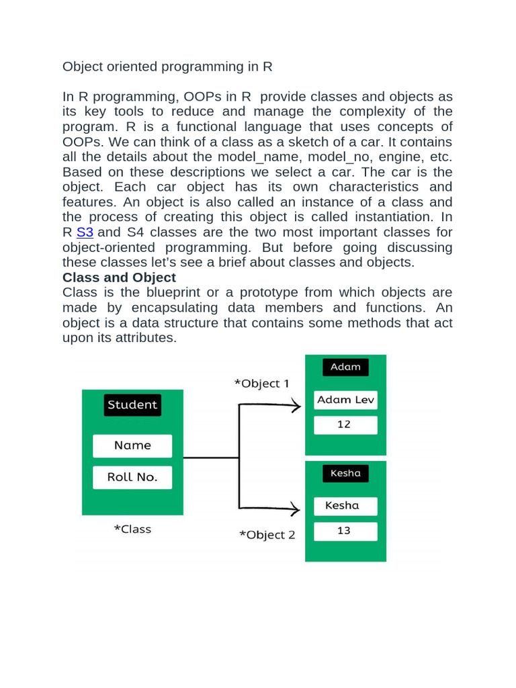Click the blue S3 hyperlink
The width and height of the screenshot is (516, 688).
(x=85, y=232)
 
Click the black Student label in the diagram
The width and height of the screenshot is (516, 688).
(x=132, y=404)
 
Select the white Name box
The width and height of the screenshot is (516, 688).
(x=132, y=445)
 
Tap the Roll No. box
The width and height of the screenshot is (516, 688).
(x=132, y=477)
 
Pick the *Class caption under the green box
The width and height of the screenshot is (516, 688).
(x=132, y=529)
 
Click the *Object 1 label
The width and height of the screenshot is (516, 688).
(x=261, y=384)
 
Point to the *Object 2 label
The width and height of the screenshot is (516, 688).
(x=267, y=535)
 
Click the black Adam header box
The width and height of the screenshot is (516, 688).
(x=345, y=367)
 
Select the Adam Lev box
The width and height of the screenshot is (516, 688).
(x=345, y=400)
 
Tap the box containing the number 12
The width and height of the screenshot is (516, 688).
(x=345, y=425)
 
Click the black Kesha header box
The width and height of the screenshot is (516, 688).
(x=345, y=473)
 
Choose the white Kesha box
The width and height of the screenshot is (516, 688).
(x=345, y=505)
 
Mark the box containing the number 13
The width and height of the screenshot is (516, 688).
(x=345, y=531)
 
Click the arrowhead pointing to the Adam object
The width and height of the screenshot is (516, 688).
(x=295, y=405)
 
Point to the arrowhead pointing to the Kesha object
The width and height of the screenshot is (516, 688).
(x=295, y=507)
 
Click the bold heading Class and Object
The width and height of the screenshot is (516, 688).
(x=119, y=277)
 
